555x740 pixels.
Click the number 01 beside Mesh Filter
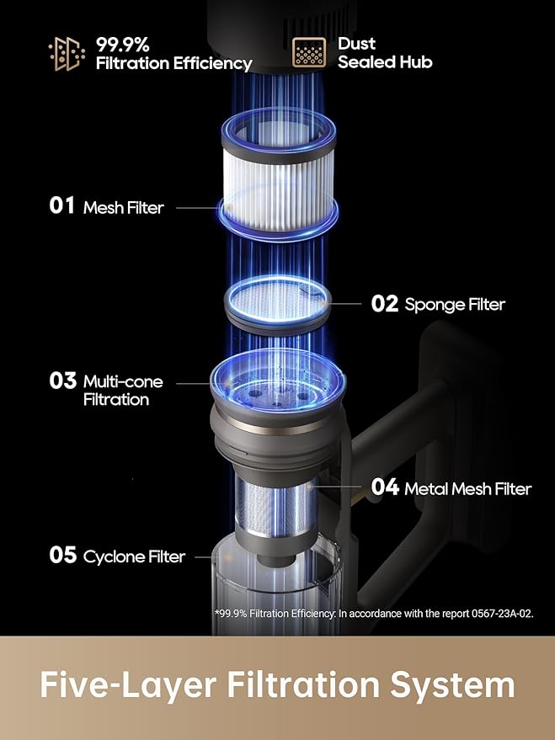coord(61,205)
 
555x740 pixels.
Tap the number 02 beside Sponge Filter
coord(385,303)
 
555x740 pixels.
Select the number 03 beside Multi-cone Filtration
coord(63,381)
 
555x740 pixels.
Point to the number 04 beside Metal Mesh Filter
coord(385,487)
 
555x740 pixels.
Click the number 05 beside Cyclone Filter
coord(63,555)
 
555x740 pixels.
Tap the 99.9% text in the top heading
coord(123,45)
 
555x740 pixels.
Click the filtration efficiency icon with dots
coord(67,54)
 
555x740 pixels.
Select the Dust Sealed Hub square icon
coord(308,52)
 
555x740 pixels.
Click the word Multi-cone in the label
coord(123,381)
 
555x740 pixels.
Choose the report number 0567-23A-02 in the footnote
coord(502,614)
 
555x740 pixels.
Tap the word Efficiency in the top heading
coord(212,64)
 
